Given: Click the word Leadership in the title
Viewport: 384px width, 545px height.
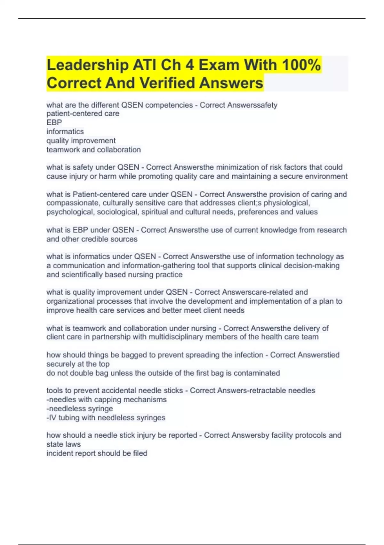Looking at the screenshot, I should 87,65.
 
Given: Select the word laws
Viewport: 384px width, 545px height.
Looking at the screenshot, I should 73,444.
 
